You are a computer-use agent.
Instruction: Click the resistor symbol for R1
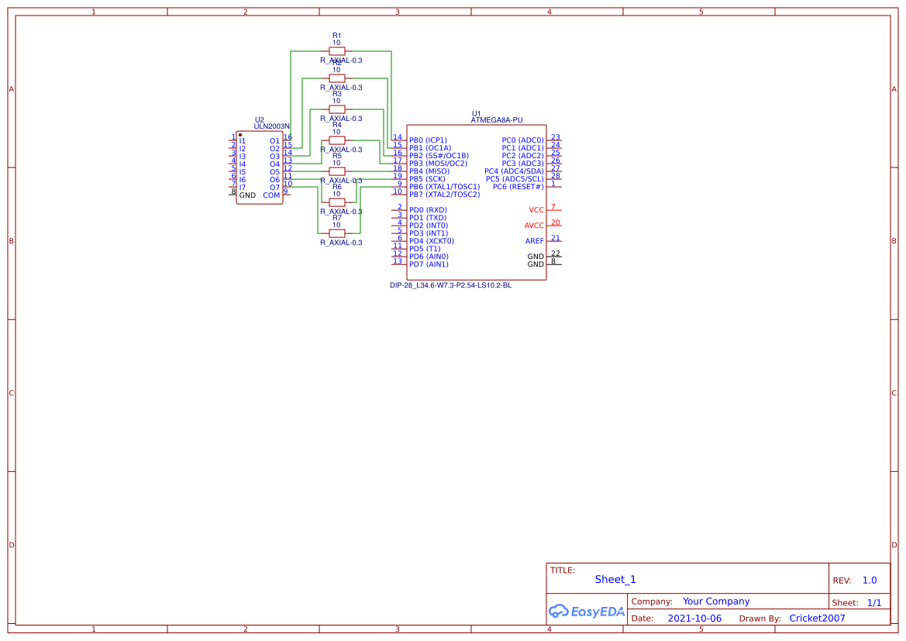pos(336,51)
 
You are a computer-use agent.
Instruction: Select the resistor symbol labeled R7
pos(336,233)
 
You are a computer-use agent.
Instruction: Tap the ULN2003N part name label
pos(271,126)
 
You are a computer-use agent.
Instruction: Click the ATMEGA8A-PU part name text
pos(497,120)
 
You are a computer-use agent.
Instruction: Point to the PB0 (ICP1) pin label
pos(428,140)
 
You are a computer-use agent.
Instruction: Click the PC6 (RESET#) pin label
pos(518,187)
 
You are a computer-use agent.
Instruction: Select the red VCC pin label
pos(536,210)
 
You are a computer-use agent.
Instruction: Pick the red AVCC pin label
pos(534,226)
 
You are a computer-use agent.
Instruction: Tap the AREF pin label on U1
pos(534,241)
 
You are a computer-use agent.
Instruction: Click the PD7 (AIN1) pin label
pos(429,264)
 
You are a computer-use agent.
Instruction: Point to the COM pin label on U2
pos(271,195)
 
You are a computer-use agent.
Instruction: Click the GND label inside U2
pos(247,195)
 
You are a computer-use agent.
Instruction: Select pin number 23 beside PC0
pos(555,137)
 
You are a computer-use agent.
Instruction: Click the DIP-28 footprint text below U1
pos(450,285)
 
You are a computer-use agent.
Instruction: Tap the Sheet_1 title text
pos(615,579)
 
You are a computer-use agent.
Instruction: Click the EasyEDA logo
pos(586,611)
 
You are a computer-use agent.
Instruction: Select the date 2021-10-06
pos(694,619)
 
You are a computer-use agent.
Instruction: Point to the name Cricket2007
pos(817,619)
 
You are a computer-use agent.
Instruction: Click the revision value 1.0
pos(869,580)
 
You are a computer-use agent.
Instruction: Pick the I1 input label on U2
pos(243,141)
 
